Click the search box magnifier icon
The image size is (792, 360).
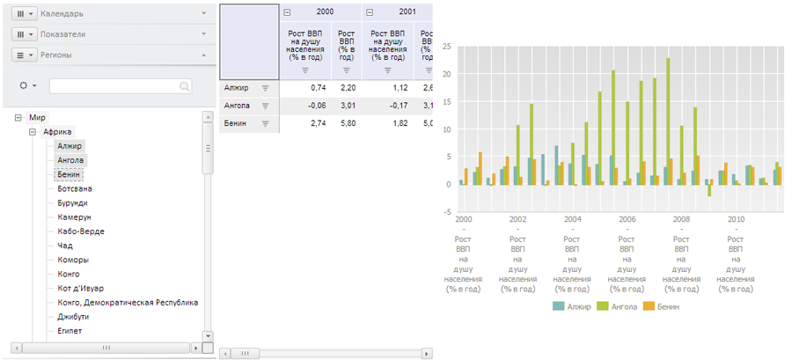pos(185,86)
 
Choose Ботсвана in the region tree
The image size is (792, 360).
pos(75,188)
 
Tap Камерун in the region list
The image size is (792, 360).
pos(74,217)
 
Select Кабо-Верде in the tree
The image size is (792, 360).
pos(81,231)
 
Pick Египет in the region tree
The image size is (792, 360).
pos(70,331)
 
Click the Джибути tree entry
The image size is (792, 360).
pos(73,317)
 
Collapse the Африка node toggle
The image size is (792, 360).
pos(33,132)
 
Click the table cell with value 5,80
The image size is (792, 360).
pos(348,124)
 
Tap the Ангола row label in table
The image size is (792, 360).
pos(238,106)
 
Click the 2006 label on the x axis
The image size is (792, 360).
pos(627,218)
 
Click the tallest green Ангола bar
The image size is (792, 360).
pos(668,121)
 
